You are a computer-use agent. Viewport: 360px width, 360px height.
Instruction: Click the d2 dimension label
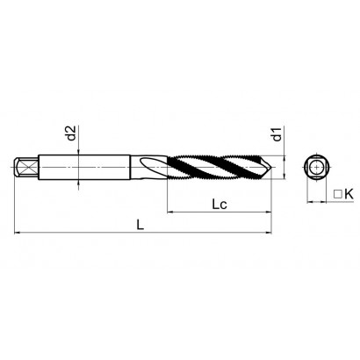tap(71, 133)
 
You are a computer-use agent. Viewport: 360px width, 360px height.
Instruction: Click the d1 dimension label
tap(277, 134)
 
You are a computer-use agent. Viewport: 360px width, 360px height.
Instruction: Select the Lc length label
tap(220, 204)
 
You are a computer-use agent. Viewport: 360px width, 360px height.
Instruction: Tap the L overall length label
tap(140, 225)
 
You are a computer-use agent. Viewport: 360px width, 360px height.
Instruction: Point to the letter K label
tap(349, 194)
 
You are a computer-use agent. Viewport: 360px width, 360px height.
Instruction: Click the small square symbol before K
tap(338, 194)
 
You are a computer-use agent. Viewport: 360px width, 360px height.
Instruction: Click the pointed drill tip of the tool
tap(271, 168)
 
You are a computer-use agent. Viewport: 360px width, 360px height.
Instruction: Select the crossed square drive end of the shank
tap(26, 168)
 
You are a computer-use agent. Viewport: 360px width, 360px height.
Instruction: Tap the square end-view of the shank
tap(317, 167)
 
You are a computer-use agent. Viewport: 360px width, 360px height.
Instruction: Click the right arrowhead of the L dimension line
tap(269, 233)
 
